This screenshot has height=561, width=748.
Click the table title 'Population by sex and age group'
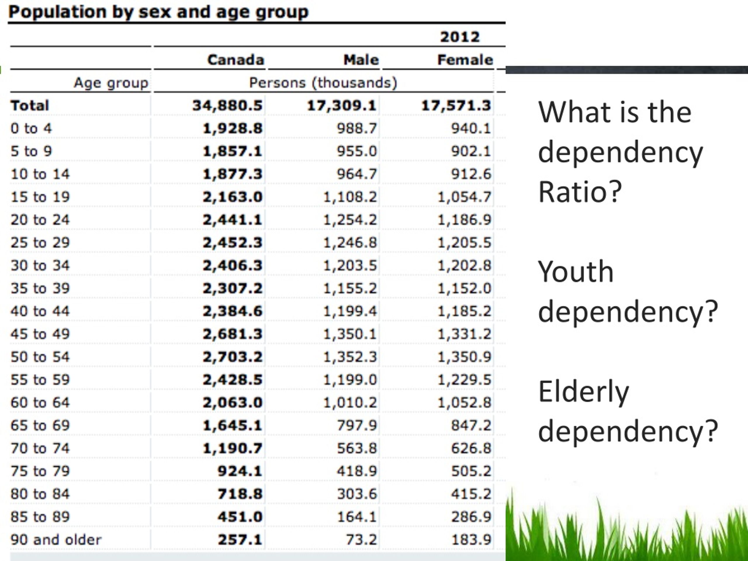pyautogui.click(x=158, y=12)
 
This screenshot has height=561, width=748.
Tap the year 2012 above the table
pyautogui.click(x=460, y=37)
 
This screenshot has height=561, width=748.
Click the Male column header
pyautogui.click(x=361, y=60)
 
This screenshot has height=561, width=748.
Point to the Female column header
pyautogui.click(x=465, y=60)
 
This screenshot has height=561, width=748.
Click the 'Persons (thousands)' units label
pyautogui.click(x=323, y=83)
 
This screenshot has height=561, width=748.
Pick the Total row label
pyautogui.click(x=30, y=105)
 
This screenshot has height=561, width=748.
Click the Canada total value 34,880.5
pyautogui.click(x=227, y=105)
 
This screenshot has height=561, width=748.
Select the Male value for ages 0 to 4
pyautogui.click(x=356, y=129)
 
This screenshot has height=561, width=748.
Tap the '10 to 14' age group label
pyautogui.click(x=40, y=174)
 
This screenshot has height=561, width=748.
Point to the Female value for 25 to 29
pyautogui.click(x=464, y=243)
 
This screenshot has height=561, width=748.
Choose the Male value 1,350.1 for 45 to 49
pyautogui.click(x=350, y=334)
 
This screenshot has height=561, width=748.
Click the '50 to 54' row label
pyautogui.click(x=40, y=357)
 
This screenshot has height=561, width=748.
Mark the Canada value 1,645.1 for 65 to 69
pyautogui.click(x=232, y=425)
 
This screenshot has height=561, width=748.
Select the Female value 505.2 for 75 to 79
pyautogui.click(x=471, y=471)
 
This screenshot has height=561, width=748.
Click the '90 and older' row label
pyautogui.click(x=56, y=540)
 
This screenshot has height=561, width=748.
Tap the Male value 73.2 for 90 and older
pyautogui.click(x=361, y=540)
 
